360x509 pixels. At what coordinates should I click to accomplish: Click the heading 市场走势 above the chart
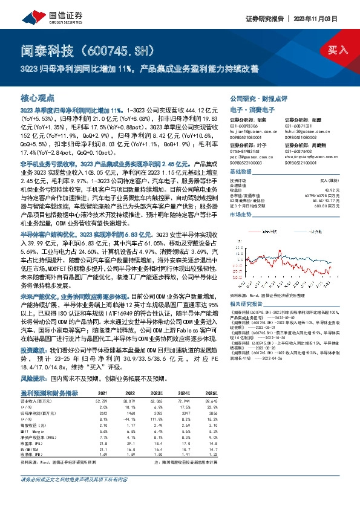(243, 214)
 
